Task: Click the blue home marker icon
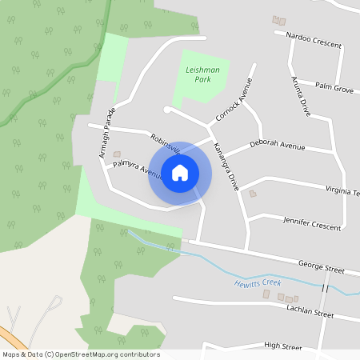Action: point(179,173)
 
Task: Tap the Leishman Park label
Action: point(202,75)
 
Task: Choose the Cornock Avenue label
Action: point(234,100)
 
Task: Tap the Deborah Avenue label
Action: point(277,146)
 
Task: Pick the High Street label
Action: point(283,347)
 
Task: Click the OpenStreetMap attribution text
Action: point(81,354)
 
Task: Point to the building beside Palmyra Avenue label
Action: point(117,154)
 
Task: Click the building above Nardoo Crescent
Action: point(279,19)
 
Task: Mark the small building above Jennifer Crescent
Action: point(254,194)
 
